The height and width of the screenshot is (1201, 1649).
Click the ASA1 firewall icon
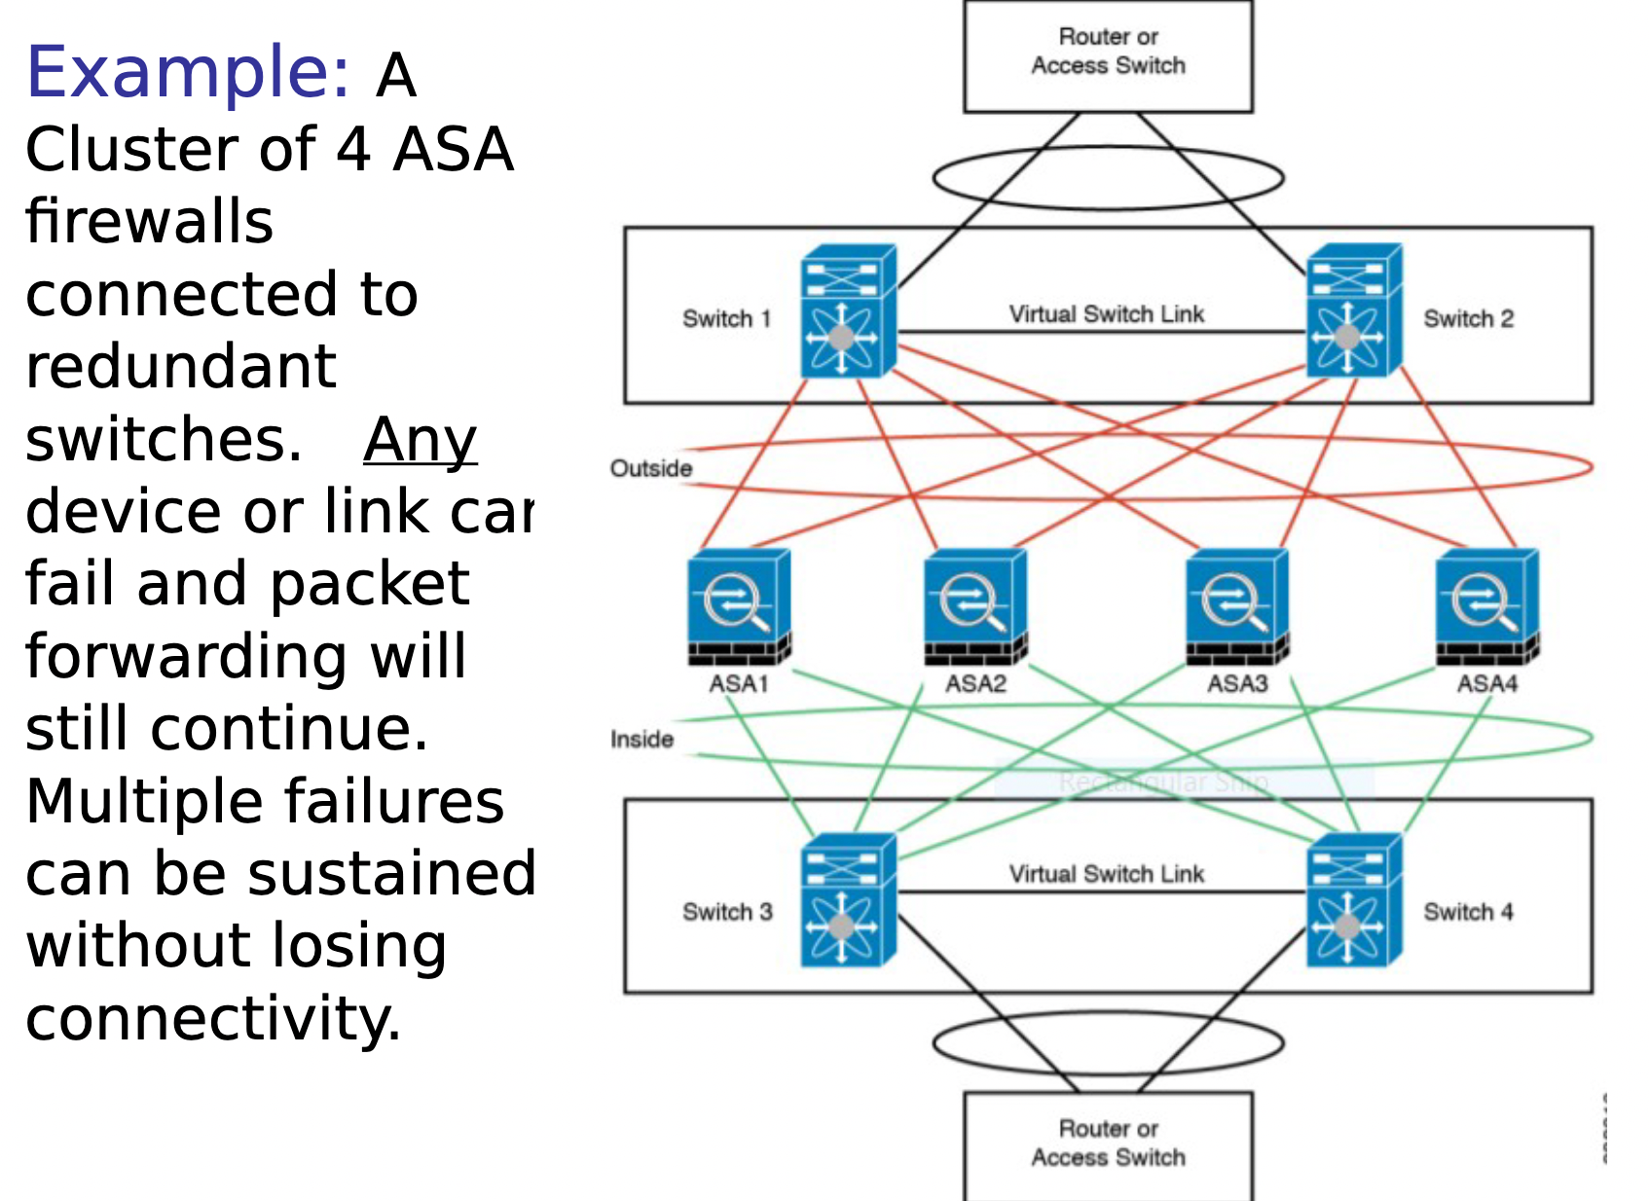tap(739, 606)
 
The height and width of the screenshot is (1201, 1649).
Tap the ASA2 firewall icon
tap(975, 606)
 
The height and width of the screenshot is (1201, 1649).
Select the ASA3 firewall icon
tap(1237, 606)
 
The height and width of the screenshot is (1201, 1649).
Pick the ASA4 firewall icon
tap(1487, 606)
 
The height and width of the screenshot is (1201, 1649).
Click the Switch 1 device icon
tap(847, 311)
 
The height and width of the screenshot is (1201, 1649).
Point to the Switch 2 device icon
tap(1353, 311)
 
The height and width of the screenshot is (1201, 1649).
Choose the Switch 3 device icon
tap(847, 901)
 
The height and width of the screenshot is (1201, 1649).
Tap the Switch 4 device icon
tap(1353, 901)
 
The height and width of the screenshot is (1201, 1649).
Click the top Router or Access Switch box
tap(1108, 55)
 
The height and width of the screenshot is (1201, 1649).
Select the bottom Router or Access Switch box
tap(1108, 1145)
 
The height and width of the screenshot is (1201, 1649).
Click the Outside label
tap(651, 468)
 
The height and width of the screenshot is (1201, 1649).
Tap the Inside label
tap(641, 739)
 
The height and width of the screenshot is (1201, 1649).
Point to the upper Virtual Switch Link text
tap(1106, 313)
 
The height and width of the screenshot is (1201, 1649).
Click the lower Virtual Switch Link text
tap(1106, 873)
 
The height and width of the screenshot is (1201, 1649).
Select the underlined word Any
tap(420, 440)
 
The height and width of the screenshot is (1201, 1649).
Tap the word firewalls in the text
tap(149, 221)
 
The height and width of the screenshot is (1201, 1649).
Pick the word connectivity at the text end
tap(212, 1018)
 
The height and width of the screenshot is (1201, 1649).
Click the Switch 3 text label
tap(727, 911)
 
